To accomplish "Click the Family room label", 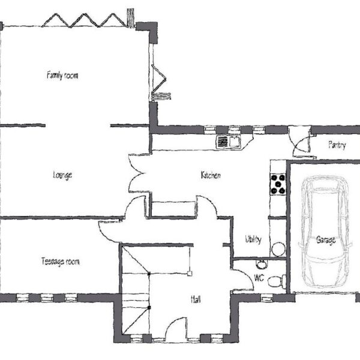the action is pos(62,76).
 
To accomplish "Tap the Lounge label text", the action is pos(62,175).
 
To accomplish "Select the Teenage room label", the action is pos(61,262).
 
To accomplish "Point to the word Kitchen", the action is pos(211,175).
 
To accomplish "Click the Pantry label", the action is pos(337,145).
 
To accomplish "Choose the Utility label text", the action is pos(253,239).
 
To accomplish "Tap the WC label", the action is pos(259,278).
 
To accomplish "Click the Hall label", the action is pos(196,299).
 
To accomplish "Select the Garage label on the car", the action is pos(326,240).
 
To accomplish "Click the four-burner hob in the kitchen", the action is pos(278,184).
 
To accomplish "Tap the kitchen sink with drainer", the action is pos(228,142).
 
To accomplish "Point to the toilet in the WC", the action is pos(277,281).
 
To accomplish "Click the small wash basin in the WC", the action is pos(261,264).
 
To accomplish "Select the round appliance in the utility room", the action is pos(278,250).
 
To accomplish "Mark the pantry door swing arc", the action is pos(299,143).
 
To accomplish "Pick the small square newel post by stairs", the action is pos(190,274).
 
